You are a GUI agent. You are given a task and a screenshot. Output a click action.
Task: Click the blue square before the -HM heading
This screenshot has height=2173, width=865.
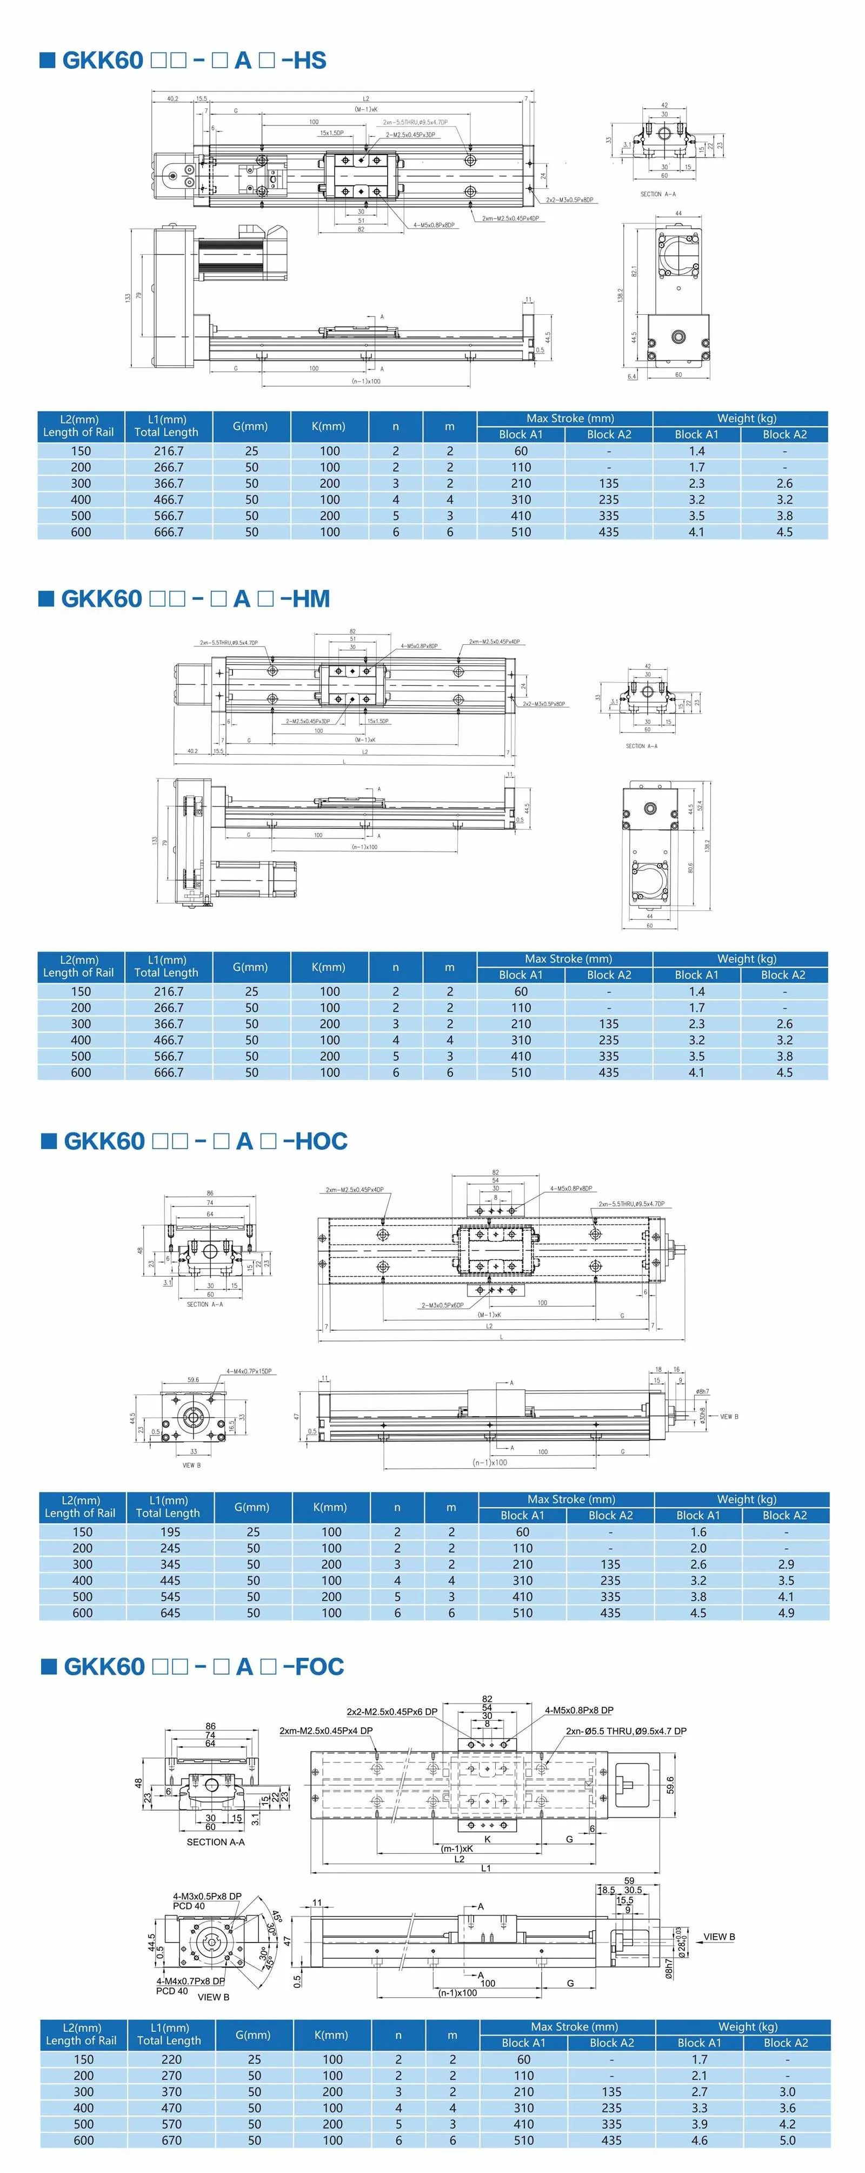point(47,598)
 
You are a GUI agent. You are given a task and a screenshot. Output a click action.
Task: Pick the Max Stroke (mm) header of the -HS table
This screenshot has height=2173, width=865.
point(565,418)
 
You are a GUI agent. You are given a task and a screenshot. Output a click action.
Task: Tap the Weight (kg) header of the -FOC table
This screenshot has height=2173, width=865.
point(743,2027)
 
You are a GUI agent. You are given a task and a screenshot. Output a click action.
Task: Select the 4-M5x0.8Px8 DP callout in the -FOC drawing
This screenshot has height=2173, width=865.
point(578,1710)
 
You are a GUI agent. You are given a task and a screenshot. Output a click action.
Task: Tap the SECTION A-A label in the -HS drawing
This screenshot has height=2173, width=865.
point(657,194)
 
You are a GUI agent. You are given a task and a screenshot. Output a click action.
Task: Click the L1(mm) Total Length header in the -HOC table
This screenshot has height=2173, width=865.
point(169,1507)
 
